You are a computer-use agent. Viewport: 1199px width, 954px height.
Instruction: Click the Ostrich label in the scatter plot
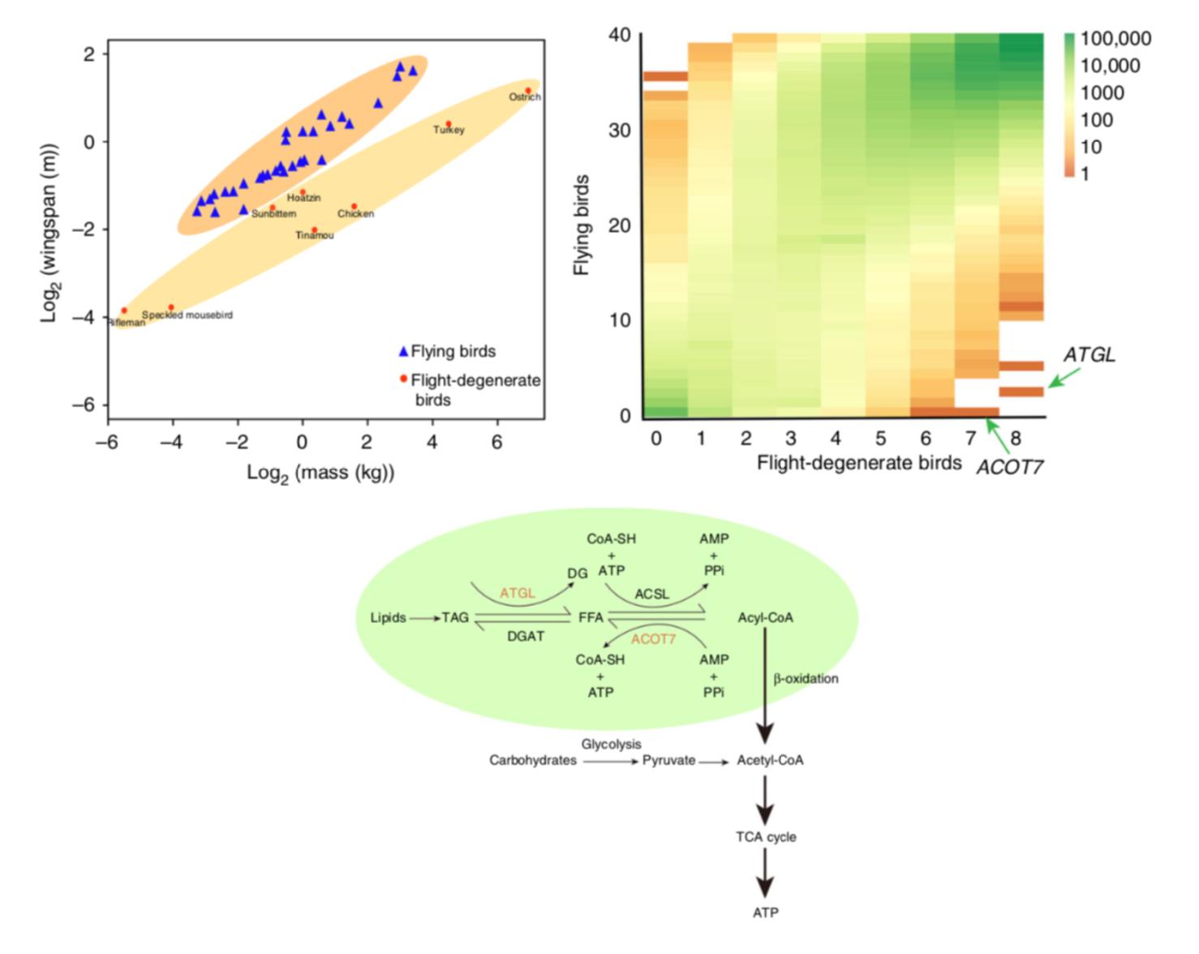524,97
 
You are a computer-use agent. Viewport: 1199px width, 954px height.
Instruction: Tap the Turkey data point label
449,130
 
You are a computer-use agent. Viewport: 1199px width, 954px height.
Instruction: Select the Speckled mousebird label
187,315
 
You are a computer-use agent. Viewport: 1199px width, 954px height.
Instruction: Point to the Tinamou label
314,235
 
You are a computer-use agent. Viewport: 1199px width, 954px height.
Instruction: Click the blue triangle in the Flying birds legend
403,351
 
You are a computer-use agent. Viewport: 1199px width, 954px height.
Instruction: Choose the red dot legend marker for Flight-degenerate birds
403,379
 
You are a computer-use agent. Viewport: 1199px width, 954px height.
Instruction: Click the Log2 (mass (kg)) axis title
320,473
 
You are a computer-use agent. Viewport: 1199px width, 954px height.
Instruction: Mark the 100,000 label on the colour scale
1115,39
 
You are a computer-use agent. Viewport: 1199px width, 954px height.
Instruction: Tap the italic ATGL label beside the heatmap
1089,355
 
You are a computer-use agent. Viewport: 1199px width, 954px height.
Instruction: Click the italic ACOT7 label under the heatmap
1009,467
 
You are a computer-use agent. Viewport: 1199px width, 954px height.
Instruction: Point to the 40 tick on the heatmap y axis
619,35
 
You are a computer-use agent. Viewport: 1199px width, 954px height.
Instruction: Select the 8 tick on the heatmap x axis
1016,439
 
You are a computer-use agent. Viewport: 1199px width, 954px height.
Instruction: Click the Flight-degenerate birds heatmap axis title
858,463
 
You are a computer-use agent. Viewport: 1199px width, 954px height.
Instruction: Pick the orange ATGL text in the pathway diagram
517,593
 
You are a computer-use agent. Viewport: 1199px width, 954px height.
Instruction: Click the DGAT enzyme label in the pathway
526,636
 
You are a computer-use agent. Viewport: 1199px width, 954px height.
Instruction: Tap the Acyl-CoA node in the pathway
765,618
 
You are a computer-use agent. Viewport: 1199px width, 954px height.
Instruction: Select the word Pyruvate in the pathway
668,761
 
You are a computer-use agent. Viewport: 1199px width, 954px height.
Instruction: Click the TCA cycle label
765,837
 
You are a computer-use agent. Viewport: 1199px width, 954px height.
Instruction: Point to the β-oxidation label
806,678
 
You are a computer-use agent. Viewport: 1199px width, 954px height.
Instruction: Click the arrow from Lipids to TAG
424,618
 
